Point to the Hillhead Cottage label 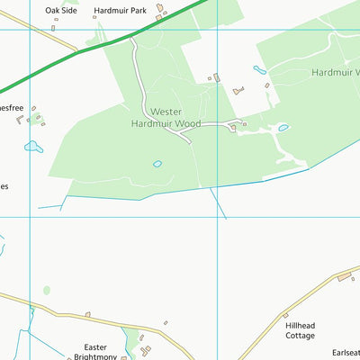[x=301, y=330]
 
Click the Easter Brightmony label [x=94, y=352]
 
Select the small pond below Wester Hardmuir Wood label [x=157, y=164]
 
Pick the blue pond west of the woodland [x=33, y=146]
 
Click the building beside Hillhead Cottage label [x=285, y=316]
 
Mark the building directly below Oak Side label [x=53, y=27]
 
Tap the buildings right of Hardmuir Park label [x=159, y=10]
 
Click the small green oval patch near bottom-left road [x=47, y=291]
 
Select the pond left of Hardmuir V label [x=259, y=69]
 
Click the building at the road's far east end [x=344, y=276]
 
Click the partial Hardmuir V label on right [x=335, y=72]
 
